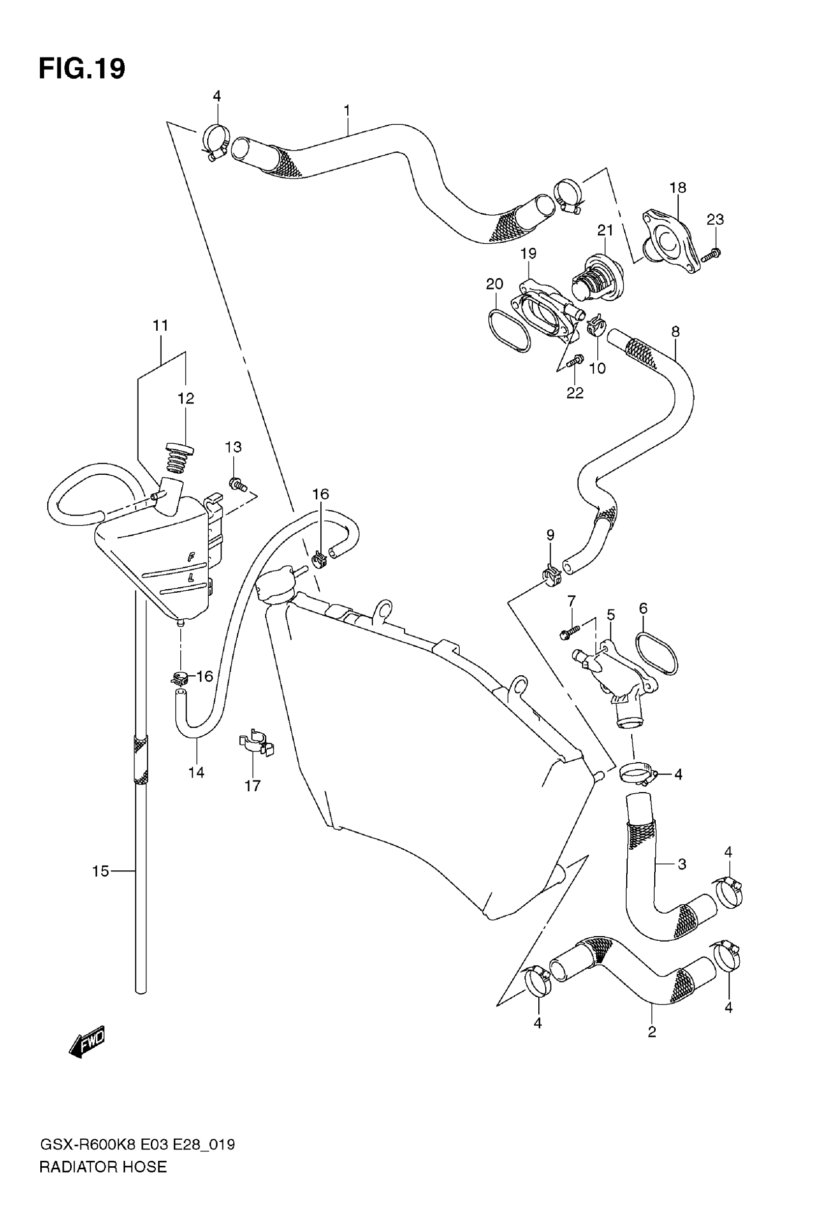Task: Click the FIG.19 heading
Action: point(82,68)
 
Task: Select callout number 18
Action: point(677,187)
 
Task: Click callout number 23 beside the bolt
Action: point(715,219)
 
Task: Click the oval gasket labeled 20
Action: point(509,330)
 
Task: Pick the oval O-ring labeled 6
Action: point(658,654)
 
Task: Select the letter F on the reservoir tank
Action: point(192,557)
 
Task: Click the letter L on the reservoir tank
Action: point(191,578)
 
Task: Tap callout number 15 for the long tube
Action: point(101,871)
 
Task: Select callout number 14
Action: point(196,772)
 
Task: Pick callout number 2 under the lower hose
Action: point(651,1032)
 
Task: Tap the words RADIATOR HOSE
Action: point(103,1167)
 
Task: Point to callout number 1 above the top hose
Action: point(346,111)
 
